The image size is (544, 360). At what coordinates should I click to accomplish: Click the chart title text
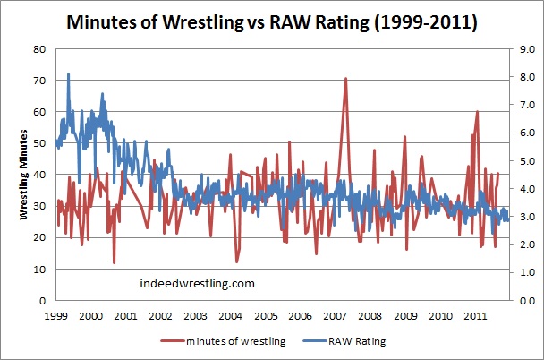(x=271, y=20)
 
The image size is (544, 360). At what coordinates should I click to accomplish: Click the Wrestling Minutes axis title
(x=25, y=176)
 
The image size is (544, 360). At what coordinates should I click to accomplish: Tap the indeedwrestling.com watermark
(x=198, y=283)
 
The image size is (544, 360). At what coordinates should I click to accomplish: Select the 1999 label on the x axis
(x=55, y=316)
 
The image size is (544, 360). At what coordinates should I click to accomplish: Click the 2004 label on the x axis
(x=230, y=316)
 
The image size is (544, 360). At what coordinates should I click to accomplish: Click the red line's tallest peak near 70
(x=345, y=79)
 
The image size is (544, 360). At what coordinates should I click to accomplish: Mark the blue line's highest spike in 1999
(x=69, y=74)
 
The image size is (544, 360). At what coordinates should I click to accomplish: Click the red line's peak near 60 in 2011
(x=477, y=112)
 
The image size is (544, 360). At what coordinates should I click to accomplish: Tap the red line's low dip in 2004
(x=237, y=261)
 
